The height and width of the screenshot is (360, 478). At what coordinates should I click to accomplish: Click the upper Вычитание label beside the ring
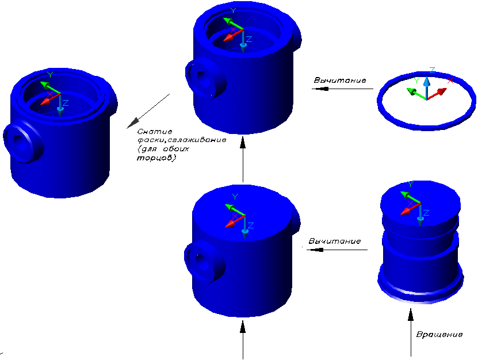click(x=339, y=80)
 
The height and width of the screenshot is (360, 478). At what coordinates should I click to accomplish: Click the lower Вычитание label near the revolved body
click(x=335, y=240)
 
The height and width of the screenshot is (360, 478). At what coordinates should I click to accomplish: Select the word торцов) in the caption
click(x=160, y=158)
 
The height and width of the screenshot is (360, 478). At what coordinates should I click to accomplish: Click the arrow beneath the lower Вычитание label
click(x=335, y=250)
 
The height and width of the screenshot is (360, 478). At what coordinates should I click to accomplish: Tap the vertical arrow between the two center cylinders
click(x=243, y=159)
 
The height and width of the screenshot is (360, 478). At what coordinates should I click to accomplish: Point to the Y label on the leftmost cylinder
click(x=50, y=75)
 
